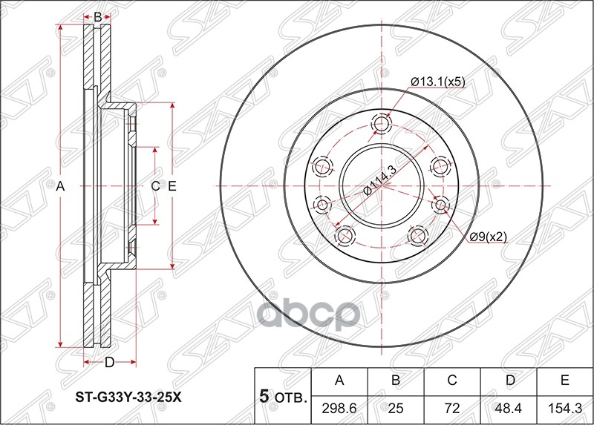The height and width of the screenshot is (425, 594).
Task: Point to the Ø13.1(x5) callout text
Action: [x=438, y=82]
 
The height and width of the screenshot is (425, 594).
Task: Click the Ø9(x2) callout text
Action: [x=487, y=237]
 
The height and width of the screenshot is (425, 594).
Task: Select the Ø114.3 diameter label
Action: [x=379, y=181]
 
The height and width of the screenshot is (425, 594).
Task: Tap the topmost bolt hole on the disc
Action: [x=382, y=124]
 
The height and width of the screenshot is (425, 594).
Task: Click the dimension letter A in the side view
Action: [x=62, y=187]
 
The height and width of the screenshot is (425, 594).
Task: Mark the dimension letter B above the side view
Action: [x=97, y=16]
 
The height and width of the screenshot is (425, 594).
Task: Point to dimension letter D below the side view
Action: [x=108, y=363]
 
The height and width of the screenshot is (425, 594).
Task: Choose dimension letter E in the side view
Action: [x=172, y=187]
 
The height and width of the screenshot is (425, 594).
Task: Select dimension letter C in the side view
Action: [x=155, y=187]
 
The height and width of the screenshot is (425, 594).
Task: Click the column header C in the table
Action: [x=452, y=381]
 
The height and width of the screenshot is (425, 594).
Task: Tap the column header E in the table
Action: [x=564, y=381]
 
